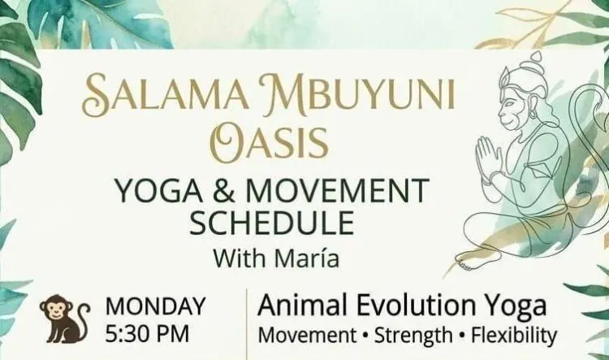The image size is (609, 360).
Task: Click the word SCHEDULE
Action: [x=271, y=223]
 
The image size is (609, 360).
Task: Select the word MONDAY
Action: [x=155, y=306]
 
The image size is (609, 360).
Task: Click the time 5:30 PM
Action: [x=148, y=333]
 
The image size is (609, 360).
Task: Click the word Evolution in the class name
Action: [x=416, y=306]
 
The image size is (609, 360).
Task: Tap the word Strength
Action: [x=413, y=336]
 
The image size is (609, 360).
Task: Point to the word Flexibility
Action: [x=514, y=336]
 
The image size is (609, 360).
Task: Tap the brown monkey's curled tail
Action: [x=80, y=322]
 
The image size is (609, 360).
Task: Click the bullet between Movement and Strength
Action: [x=365, y=336]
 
